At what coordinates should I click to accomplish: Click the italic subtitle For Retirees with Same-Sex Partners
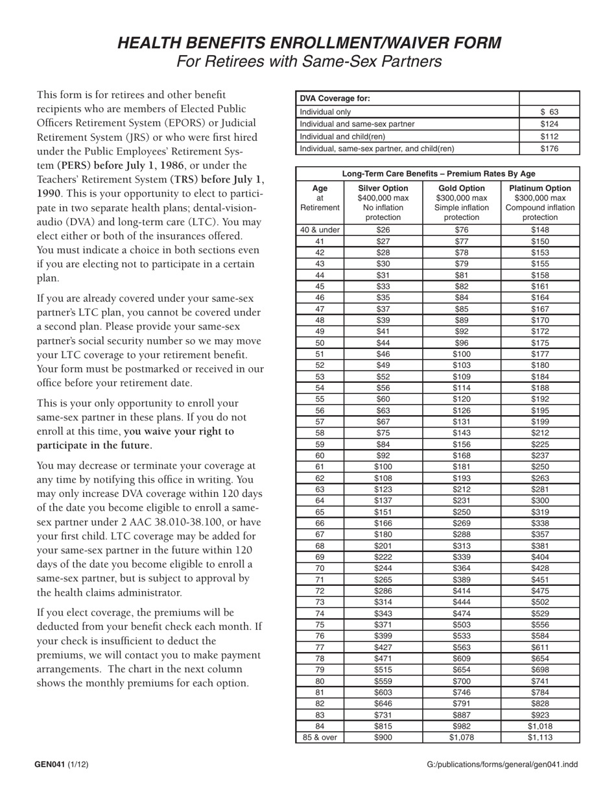tap(309, 62)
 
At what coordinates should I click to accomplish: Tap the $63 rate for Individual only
tap(549, 112)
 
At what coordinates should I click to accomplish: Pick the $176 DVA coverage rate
tap(549, 149)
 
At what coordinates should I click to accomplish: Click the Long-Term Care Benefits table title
tap(438, 173)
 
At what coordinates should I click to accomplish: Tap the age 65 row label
tap(320, 511)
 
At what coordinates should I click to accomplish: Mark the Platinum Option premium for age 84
tap(539, 726)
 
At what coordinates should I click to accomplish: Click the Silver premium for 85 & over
tap(383, 738)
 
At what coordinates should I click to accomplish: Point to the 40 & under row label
tap(320, 230)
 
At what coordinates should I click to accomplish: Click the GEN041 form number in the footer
tap(50, 764)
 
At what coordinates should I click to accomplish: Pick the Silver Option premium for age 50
tap(383, 343)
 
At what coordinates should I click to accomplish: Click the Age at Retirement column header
tap(320, 198)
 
